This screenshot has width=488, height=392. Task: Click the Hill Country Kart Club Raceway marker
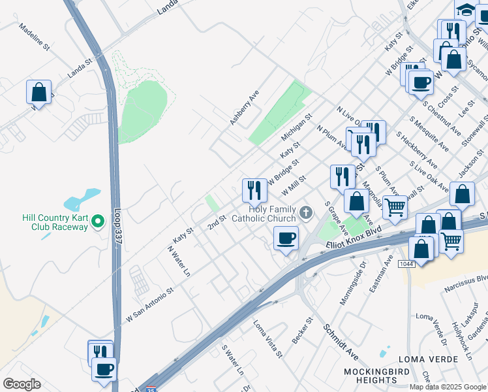(x=98, y=222)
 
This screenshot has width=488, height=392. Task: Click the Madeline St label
(x=35, y=37)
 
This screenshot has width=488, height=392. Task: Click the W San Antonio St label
(x=150, y=304)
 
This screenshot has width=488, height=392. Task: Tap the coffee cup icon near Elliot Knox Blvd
(x=285, y=239)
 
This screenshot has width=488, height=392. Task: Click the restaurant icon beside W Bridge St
(x=254, y=190)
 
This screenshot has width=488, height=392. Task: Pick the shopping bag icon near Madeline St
(x=38, y=91)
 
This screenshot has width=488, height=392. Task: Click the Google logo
(x=22, y=384)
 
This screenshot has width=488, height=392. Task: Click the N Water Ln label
(x=179, y=260)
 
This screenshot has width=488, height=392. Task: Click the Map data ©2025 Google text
(x=448, y=387)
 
